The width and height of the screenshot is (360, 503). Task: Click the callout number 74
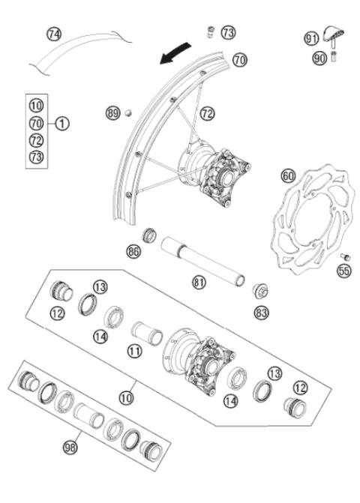54,34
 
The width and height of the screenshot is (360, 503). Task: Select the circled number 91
311,37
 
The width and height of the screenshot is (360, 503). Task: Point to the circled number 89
112,113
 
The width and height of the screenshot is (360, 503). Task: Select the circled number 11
135,349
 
